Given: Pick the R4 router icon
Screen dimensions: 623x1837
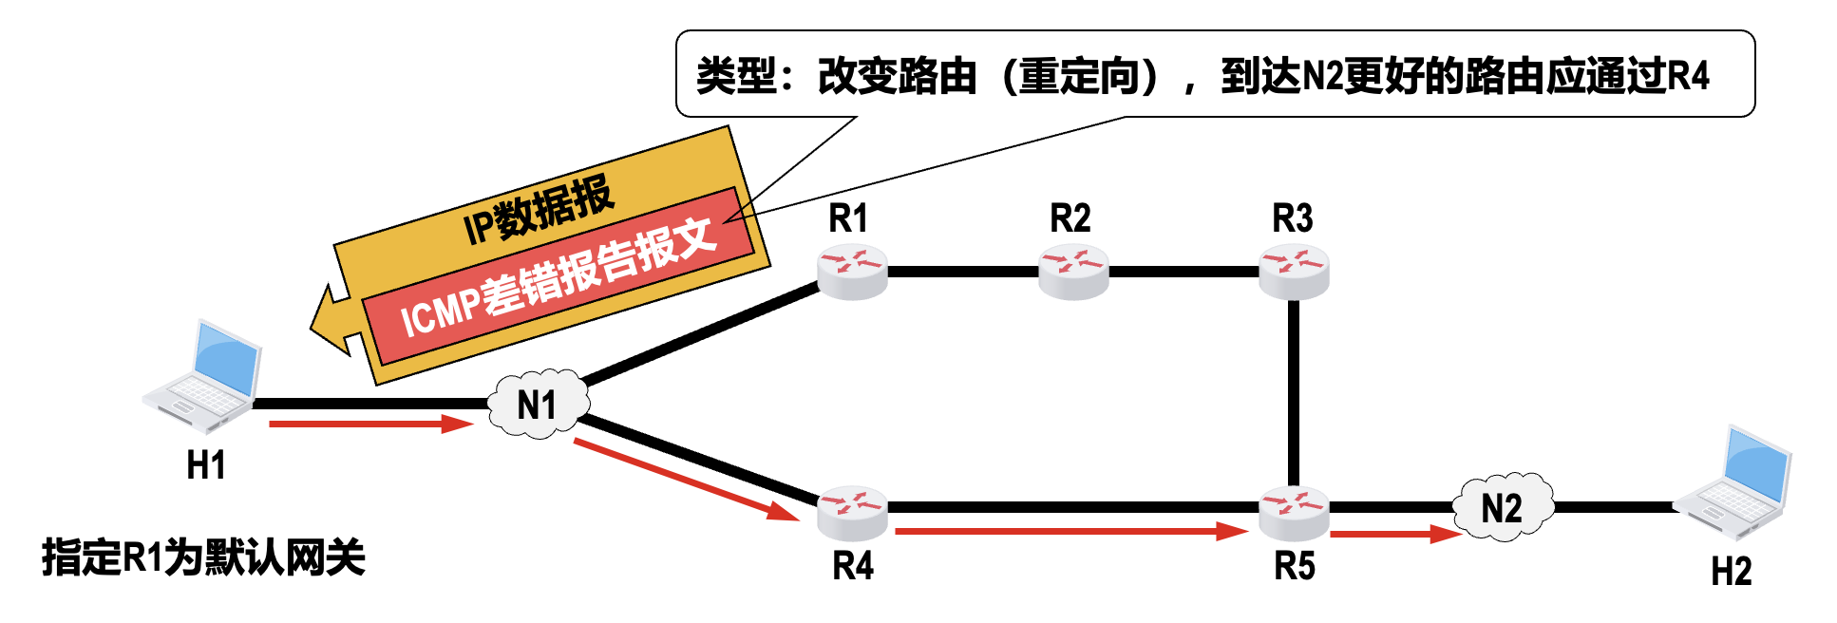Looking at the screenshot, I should coord(852,512).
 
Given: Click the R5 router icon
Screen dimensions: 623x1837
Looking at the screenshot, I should coord(1294,512).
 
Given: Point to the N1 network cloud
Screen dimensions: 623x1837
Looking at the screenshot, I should coord(538,406).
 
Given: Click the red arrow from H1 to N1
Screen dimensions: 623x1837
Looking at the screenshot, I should coord(370,424).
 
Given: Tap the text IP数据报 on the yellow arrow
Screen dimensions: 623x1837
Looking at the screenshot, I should coord(539,211).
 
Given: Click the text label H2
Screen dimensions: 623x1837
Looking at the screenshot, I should coord(1731,572).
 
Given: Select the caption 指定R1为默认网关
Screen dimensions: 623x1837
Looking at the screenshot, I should coord(203,557).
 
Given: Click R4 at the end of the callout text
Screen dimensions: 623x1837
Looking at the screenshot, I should coord(1688,76).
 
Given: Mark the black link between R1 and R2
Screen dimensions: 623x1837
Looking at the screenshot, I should coord(962,272).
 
